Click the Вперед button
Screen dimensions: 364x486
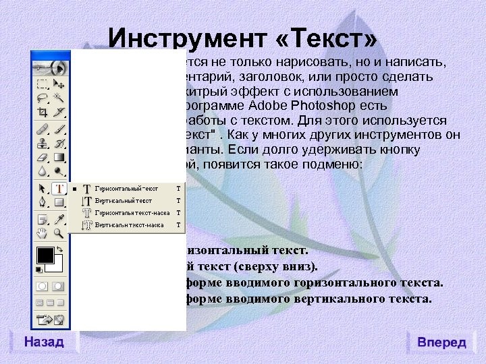point(441,342)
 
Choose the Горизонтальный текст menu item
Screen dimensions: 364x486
point(126,189)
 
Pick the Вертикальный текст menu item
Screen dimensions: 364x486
point(123,201)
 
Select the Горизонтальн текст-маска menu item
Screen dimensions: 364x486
point(130,213)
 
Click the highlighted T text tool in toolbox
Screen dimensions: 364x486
point(59,189)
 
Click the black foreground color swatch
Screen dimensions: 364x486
point(45,255)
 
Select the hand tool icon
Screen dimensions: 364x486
point(43,233)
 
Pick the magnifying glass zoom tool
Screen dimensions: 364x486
point(59,233)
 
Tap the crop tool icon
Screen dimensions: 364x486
point(43,112)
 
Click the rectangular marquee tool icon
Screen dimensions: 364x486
point(43,85)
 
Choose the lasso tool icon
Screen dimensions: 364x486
point(43,98)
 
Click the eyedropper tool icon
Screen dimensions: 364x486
point(59,218)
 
